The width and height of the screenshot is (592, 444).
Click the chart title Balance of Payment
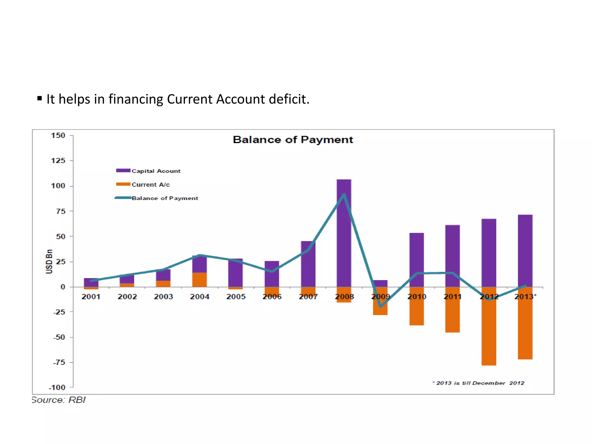(293, 140)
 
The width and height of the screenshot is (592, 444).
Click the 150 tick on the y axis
(58, 135)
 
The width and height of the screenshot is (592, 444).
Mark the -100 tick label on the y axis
(57, 387)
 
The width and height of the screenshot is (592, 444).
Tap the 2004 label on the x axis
(199, 297)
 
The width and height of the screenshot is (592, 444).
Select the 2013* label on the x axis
(525, 297)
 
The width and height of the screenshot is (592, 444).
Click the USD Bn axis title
(49, 261)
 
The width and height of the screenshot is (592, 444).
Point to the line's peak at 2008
(344, 195)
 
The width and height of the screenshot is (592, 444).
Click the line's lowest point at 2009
(380, 306)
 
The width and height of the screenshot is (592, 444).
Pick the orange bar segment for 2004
(199, 280)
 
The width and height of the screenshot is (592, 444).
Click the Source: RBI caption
(59, 400)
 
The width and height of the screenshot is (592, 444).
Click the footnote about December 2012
(478, 383)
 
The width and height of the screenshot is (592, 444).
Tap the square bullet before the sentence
(40, 98)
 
